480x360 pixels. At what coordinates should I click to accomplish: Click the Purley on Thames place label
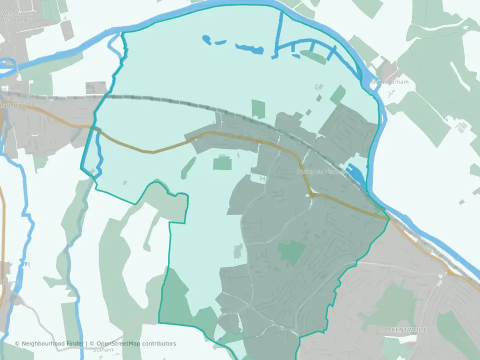click(x=320, y=171)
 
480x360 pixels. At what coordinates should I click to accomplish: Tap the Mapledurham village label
click(x=389, y=82)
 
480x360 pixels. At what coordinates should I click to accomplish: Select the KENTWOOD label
click(x=409, y=330)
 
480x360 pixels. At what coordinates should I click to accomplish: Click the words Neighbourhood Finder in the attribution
click(x=53, y=343)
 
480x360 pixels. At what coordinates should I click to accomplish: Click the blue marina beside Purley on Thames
click(x=357, y=173)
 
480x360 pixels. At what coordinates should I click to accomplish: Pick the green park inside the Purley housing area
click(x=292, y=252)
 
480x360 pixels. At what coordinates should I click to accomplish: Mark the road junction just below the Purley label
click(x=310, y=194)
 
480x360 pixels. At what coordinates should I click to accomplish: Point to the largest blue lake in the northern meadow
click(x=249, y=48)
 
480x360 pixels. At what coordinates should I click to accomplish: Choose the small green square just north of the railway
click(x=258, y=108)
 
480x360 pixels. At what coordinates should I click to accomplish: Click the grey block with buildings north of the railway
click(x=96, y=88)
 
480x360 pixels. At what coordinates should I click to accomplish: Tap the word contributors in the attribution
click(x=159, y=343)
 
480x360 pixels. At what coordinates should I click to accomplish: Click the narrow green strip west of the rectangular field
click(x=187, y=167)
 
